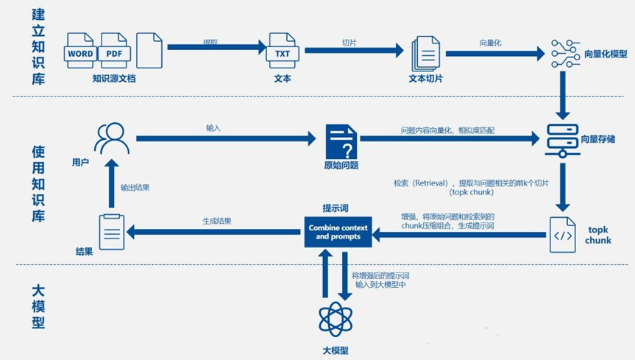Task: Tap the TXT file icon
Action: pyautogui.click(x=283, y=50)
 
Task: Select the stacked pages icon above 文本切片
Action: pyautogui.click(x=425, y=52)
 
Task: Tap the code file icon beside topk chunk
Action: pyautogui.click(x=563, y=235)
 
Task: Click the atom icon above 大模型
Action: pyautogui.click(x=336, y=318)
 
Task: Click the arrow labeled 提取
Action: pyautogui.click(x=216, y=48)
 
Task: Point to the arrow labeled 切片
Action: pyautogui.click(x=354, y=50)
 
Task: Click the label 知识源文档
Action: pyautogui.click(x=114, y=78)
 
